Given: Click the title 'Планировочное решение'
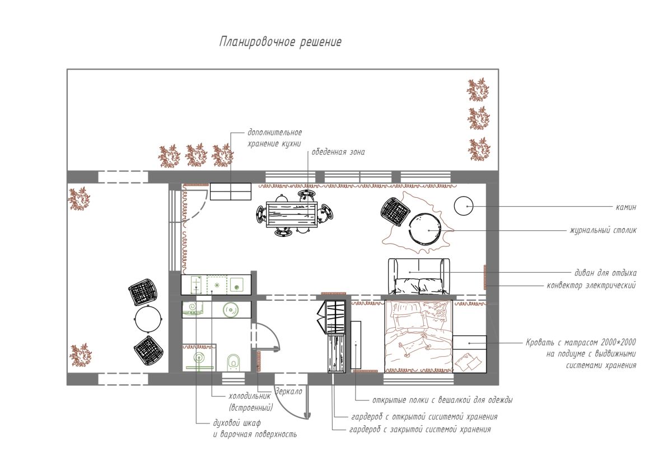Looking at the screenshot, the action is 280,42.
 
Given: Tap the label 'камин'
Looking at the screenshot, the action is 626,207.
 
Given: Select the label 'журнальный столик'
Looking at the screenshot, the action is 603,230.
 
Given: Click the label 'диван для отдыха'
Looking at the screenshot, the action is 605,273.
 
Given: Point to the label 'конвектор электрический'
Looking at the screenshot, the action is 591,285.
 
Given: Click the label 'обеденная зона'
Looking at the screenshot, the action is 338,152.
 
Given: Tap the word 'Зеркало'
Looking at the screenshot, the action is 288,392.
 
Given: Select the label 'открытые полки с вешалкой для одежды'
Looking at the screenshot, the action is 442,400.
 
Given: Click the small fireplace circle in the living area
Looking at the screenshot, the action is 464,206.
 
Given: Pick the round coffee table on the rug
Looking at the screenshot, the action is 426,229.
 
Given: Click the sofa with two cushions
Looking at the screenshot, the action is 419,276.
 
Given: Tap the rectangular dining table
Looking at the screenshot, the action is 292,215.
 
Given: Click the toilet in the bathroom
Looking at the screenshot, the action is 234,362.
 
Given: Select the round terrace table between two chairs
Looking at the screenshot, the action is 148,319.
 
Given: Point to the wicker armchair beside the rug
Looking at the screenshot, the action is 395,211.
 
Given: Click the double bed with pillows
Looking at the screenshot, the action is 418,337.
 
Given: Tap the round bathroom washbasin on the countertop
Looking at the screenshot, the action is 231,309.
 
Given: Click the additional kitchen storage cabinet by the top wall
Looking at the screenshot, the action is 230,192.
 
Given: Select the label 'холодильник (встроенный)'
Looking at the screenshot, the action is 250,402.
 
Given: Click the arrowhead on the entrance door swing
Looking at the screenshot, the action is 307,416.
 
